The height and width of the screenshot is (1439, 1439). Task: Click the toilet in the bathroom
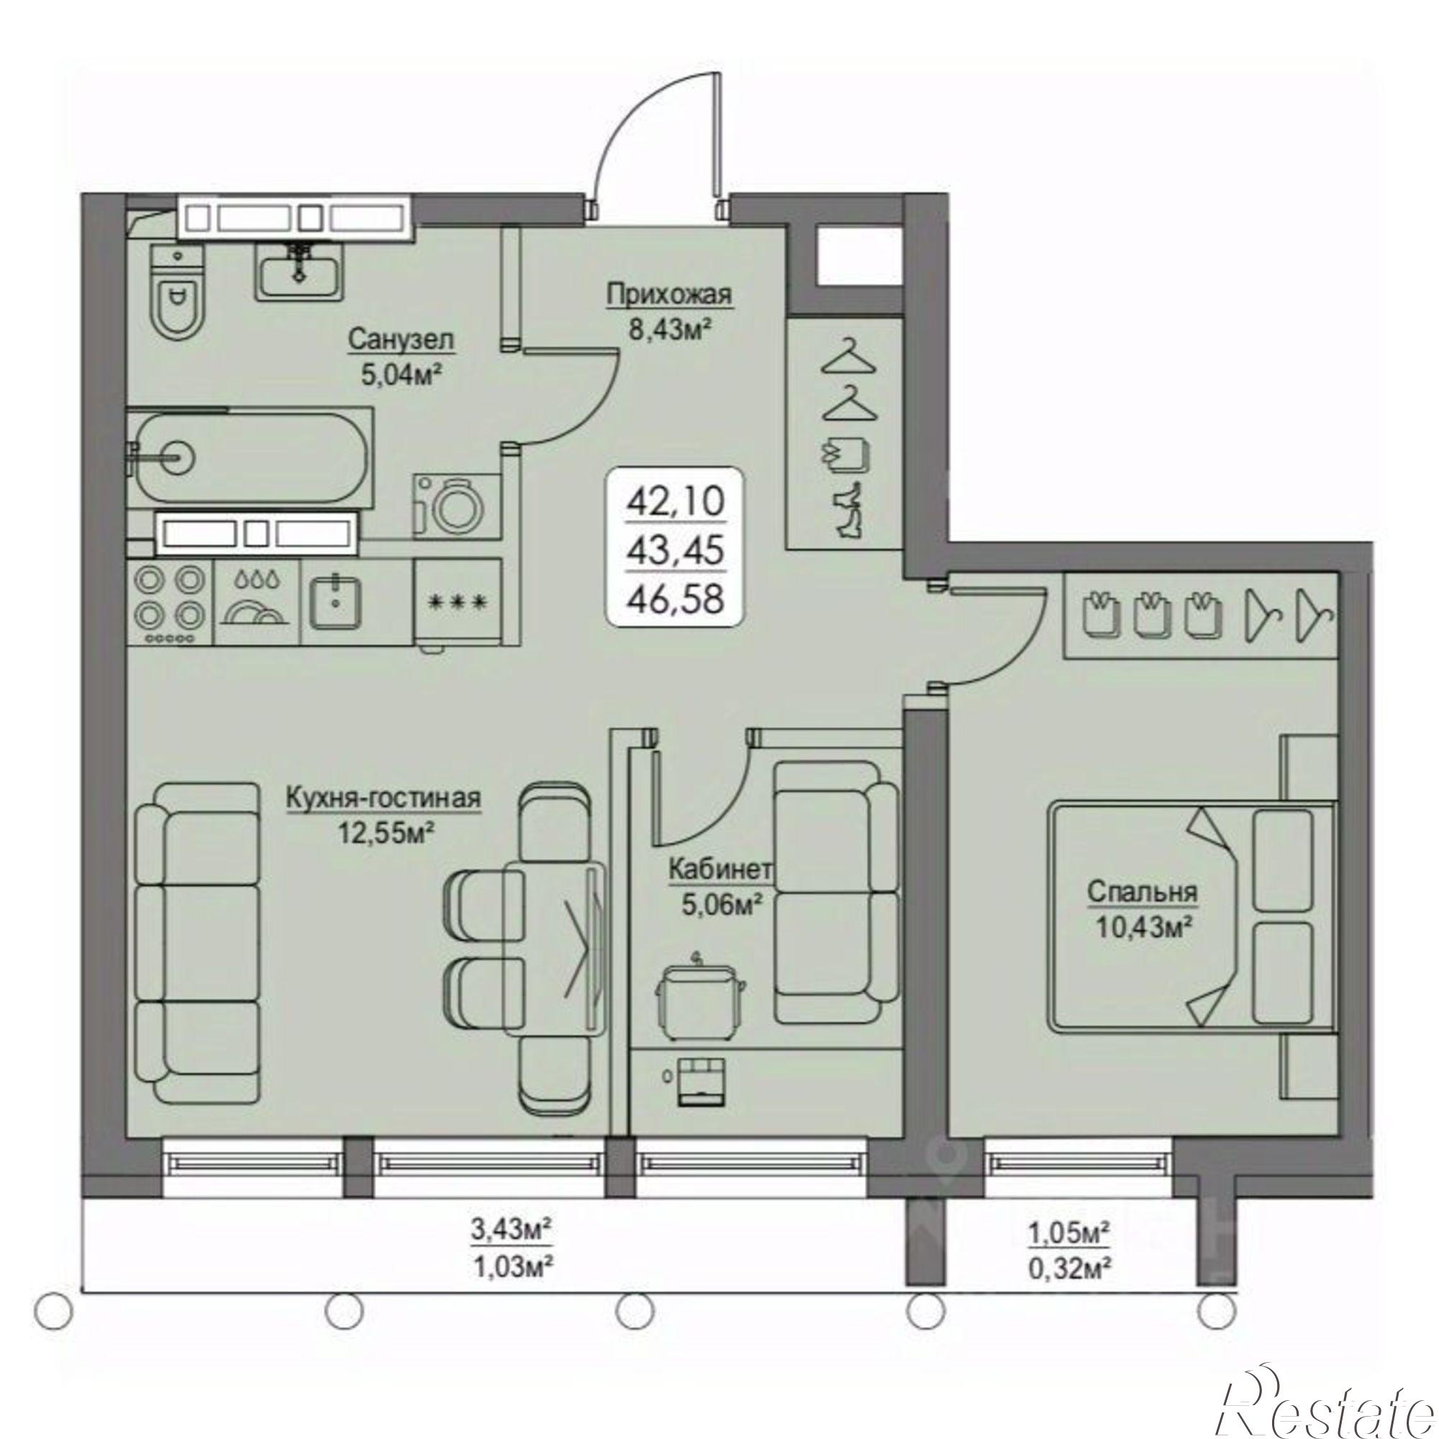click(x=178, y=297)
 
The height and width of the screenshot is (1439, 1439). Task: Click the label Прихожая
click(x=669, y=295)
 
